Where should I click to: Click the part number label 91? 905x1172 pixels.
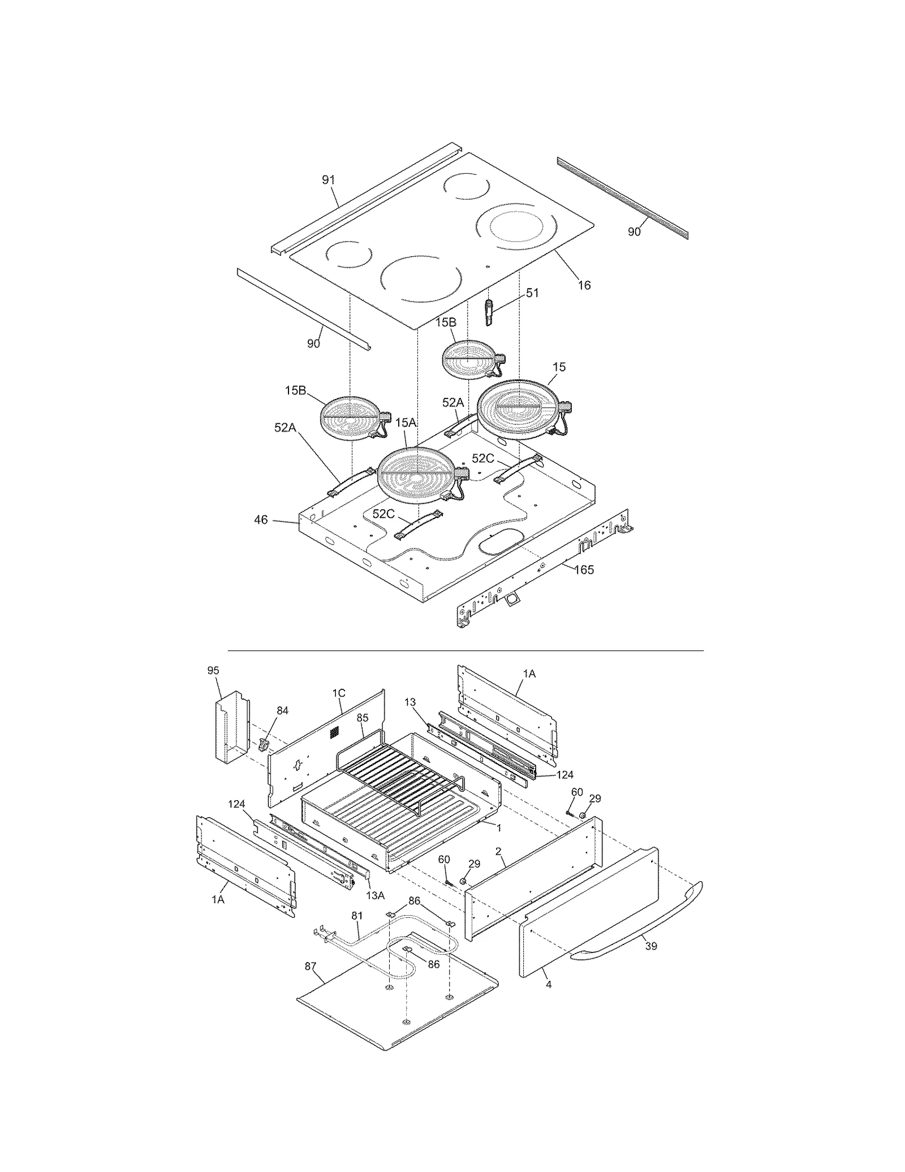pos(328,180)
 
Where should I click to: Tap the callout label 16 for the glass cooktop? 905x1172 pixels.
pos(584,285)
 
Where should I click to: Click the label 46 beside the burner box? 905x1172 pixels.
pos(261,520)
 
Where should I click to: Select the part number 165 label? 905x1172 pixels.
pos(584,570)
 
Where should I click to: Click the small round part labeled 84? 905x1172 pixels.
pos(264,745)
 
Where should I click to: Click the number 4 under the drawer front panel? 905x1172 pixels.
pos(548,985)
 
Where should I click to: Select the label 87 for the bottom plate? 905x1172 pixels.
pos(310,967)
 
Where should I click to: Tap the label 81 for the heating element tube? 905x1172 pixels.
pos(357,916)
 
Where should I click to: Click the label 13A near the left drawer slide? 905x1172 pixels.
pos(376,895)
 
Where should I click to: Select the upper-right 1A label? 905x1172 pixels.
pos(529,673)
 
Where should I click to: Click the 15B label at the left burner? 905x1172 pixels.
pos(295,390)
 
